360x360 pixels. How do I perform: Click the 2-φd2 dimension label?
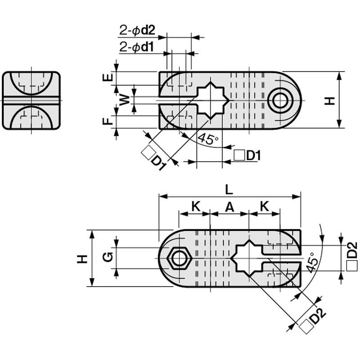click(x=137, y=30)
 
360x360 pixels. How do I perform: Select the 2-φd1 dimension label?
click(x=137, y=47)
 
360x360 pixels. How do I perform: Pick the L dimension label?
click(x=229, y=190)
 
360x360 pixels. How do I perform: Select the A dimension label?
click(x=229, y=207)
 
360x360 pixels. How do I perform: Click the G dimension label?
click(x=108, y=257)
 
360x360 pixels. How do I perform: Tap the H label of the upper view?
click(x=330, y=101)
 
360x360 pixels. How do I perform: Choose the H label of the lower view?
click(x=82, y=259)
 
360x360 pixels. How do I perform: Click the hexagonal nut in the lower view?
click(x=179, y=259)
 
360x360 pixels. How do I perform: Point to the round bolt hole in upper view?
click(x=280, y=100)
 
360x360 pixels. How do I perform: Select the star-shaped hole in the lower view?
click(x=247, y=258)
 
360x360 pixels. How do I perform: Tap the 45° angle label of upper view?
click(x=208, y=139)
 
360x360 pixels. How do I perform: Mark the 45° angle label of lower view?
click(x=312, y=262)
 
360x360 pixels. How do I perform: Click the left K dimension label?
click(x=196, y=207)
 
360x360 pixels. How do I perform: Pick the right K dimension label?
click(x=265, y=207)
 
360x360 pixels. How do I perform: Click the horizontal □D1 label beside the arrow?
click(x=247, y=156)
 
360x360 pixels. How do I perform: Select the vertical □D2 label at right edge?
click(x=352, y=256)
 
